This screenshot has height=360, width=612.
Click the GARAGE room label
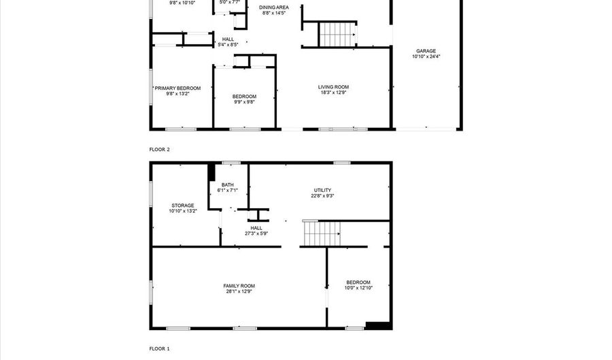pos(426,51)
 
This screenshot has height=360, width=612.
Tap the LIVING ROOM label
pos(333,87)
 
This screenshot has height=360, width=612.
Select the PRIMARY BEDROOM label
pos(177,88)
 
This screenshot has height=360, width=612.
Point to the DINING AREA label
pos(274,7)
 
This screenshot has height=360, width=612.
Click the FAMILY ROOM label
pos(239,286)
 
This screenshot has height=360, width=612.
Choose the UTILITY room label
pos(322,191)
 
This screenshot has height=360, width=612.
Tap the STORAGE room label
pos(183,206)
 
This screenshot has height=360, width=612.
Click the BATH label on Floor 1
pos(228,185)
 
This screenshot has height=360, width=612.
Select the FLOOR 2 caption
pos(159,150)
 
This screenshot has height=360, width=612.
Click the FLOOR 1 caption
pos(159,348)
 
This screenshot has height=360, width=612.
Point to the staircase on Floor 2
pos(337,34)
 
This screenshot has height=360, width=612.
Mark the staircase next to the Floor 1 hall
pos(322,233)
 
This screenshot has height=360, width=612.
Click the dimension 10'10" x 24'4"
pos(426,56)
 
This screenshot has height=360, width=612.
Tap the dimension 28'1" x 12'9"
pos(239,291)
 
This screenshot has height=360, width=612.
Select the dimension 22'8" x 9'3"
pos(322,196)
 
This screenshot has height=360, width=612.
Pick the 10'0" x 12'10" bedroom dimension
pos(358,288)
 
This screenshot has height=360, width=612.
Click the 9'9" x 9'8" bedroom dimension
pos(244,102)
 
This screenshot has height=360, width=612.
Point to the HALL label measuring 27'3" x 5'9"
pos(256,228)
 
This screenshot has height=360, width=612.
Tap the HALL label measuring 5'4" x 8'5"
pos(228,39)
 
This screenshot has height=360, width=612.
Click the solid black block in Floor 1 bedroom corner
pos(378,325)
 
